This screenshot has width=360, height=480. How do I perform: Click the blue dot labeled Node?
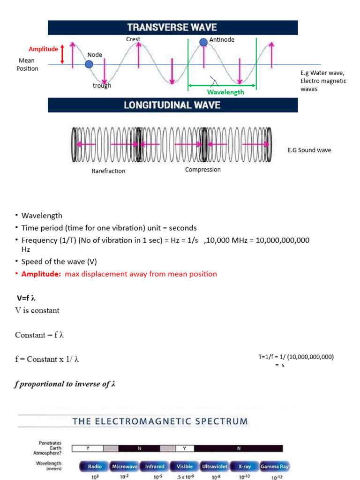coord(89,64)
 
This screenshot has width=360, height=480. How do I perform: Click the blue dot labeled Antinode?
coord(203,42)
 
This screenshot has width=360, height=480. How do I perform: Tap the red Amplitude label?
coord(43,49)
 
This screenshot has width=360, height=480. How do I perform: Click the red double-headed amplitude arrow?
coord(62,55)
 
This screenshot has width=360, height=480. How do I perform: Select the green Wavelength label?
coord(225,92)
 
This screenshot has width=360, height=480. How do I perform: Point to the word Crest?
coord(133,39)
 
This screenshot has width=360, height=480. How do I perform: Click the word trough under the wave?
coord(102,86)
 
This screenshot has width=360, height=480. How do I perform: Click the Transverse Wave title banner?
coord(172,27)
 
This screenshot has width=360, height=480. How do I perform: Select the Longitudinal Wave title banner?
coord(172,105)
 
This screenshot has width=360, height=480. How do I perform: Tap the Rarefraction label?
coord(108,171)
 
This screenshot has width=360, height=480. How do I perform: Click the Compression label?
coord(202,170)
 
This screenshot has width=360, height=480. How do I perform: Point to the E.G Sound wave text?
coord(309,150)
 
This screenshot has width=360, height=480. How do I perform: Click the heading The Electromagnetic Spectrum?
coord(160,421)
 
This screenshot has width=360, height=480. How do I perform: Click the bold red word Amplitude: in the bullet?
coord(41,274)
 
